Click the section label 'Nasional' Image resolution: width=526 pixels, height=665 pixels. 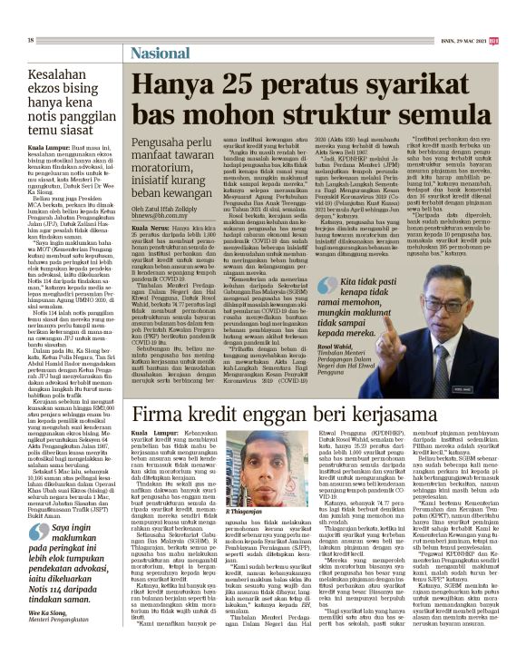166,53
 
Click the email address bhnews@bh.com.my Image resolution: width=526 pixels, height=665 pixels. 167,192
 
